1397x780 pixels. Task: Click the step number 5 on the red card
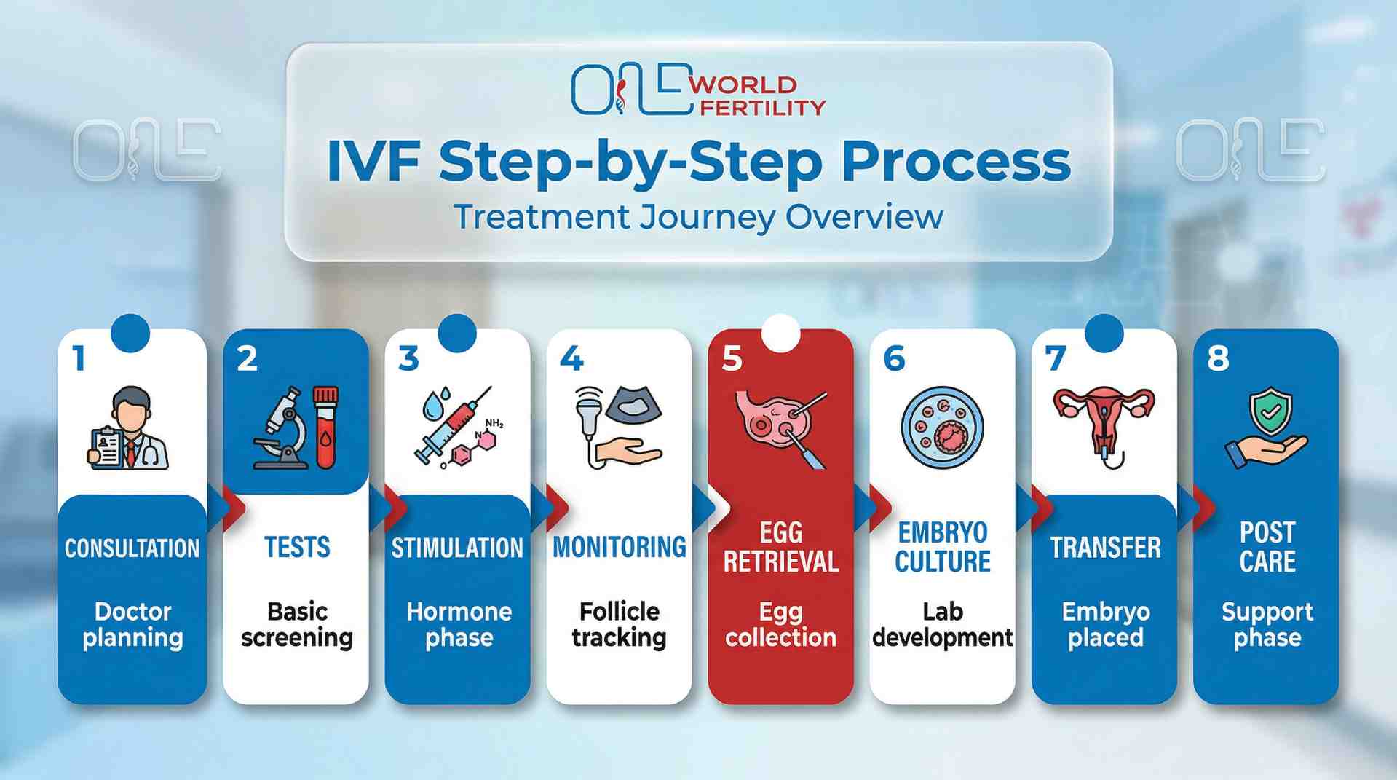(x=732, y=358)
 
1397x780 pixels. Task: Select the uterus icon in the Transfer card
(x=1104, y=422)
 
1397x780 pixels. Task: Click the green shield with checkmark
(x=1270, y=411)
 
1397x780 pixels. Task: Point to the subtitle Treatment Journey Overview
(x=698, y=217)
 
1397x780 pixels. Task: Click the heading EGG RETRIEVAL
(x=780, y=547)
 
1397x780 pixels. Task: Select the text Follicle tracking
(x=619, y=624)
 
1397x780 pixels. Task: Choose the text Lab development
(x=942, y=624)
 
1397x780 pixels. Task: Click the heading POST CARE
(x=1267, y=547)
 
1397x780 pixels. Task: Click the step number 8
(x=1218, y=358)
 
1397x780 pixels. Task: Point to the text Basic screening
(x=297, y=624)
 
